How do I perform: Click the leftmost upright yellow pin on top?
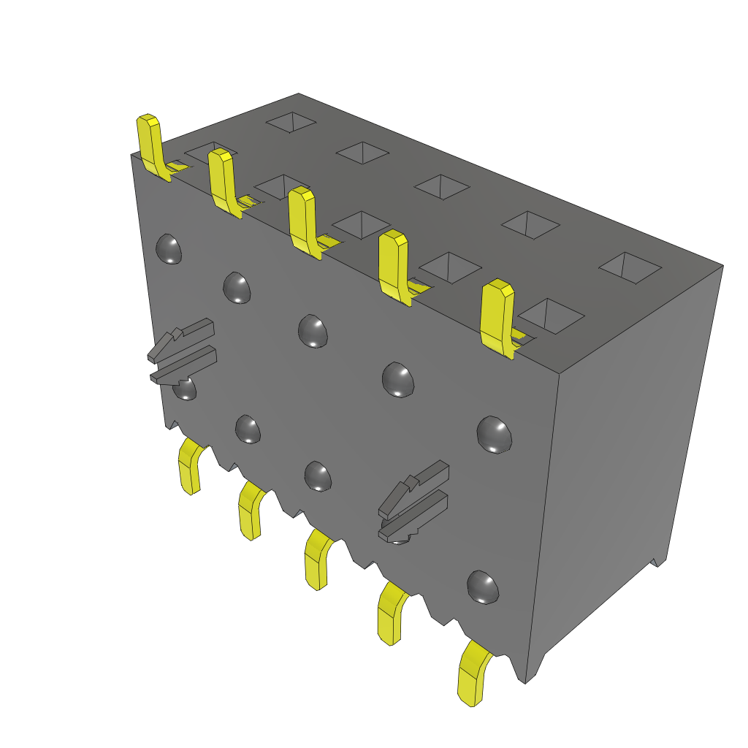150,142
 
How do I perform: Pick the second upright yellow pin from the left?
222,179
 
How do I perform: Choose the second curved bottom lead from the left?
251,511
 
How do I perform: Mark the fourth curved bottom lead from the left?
392,614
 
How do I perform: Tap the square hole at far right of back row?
630,267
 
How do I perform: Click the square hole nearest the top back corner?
291,121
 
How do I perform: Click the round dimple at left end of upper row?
169,249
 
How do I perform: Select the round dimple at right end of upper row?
494,434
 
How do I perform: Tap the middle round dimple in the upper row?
313,330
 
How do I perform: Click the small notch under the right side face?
658,562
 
